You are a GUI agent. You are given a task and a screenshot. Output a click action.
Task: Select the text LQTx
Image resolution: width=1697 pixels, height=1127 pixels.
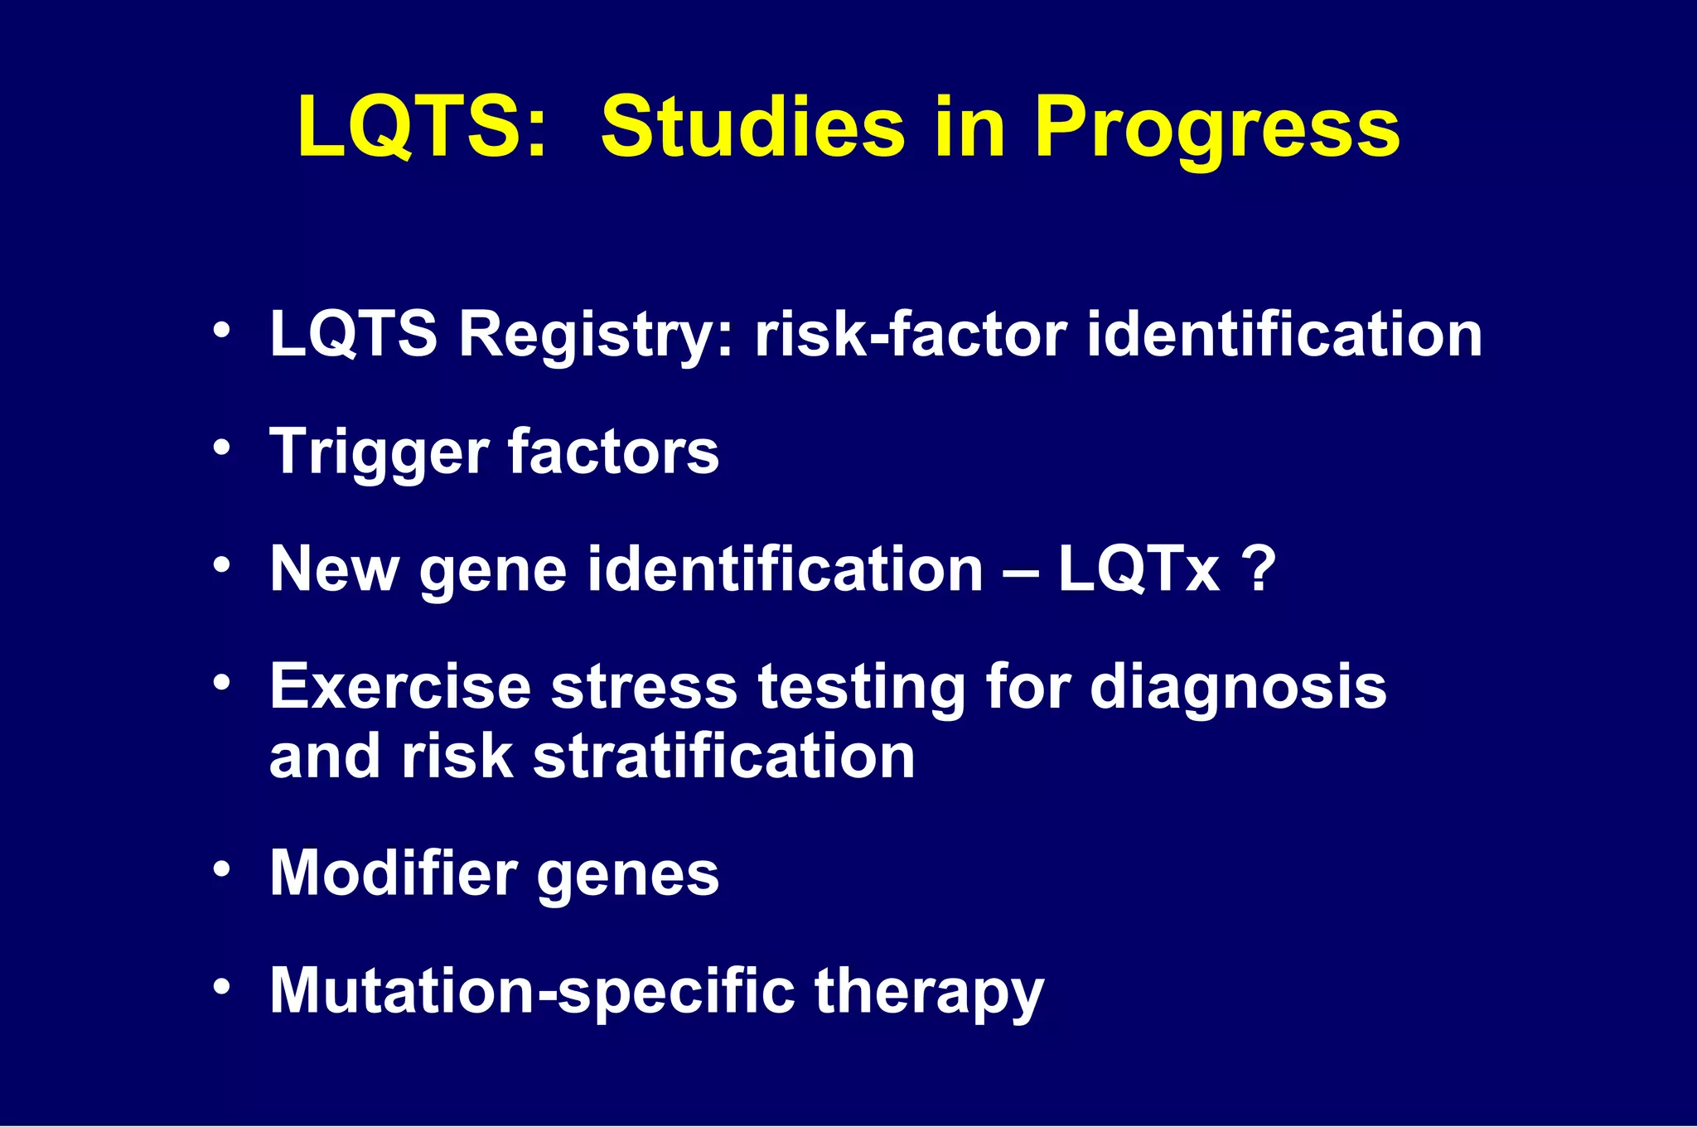1139,569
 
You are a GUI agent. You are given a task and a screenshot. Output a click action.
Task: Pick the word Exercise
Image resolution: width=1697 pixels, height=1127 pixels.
400,687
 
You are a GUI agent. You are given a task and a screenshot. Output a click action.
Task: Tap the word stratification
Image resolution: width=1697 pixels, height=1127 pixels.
723,757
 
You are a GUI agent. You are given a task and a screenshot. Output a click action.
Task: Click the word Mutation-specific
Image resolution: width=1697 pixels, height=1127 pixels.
531,992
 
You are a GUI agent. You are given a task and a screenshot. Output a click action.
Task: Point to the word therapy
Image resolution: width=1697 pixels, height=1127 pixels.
929,992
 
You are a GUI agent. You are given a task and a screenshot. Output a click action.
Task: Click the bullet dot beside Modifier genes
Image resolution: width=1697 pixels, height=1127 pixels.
220,870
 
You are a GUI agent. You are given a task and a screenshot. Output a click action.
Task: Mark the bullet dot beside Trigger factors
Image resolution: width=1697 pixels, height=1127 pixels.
220,448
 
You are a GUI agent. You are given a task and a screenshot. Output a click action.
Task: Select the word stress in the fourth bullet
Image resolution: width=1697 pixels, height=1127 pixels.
644,687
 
